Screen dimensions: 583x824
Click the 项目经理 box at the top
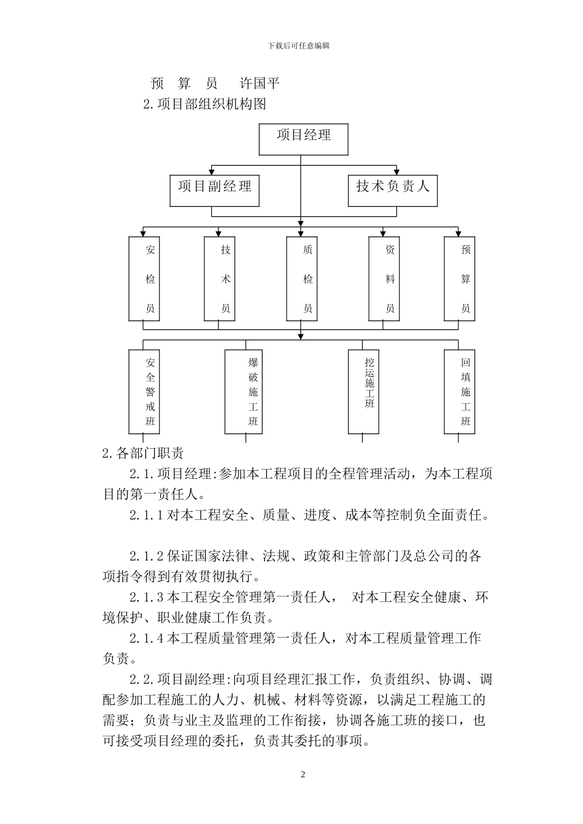coord(303,140)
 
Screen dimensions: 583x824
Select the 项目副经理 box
coord(214,190)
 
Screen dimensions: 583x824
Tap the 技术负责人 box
coord(393,190)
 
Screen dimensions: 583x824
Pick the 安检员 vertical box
coord(144,279)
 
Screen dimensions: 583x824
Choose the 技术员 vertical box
coord(219,279)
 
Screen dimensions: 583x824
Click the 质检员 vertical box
coord(301,279)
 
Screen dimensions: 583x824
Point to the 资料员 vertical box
coord(384,279)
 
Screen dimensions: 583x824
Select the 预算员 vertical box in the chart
coord(460,279)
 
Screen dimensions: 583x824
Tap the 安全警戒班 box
coord(144,391)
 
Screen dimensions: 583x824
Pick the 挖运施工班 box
coord(363,391)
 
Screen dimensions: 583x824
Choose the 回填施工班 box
coord(459,391)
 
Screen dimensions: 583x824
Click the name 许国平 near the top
coord(260,83)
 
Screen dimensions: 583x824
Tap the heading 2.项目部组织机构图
coord(204,104)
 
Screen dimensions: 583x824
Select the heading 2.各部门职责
coord(142,454)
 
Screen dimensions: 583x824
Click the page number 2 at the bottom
coord(303,774)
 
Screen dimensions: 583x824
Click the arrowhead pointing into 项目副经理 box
coord(212,172)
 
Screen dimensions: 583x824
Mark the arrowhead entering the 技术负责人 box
coord(396,172)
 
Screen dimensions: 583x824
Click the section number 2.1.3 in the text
coord(146,597)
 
